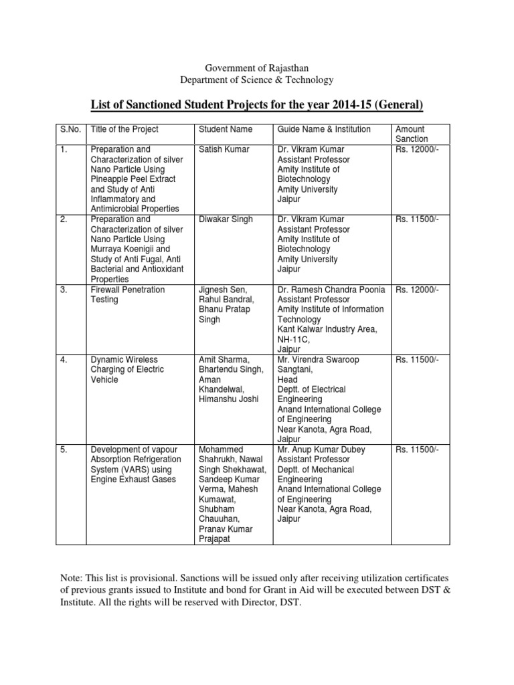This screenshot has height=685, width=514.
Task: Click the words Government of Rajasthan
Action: pyautogui.click(x=257, y=68)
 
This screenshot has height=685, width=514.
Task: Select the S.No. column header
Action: pyautogui.click(x=70, y=129)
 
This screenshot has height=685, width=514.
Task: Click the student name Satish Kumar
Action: pyautogui.click(x=224, y=149)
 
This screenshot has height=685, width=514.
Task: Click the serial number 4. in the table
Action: pyautogui.click(x=65, y=360)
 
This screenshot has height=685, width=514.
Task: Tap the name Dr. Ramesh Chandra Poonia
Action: pyautogui.click(x=331, y=290)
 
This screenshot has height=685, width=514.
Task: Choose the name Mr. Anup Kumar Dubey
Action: pyautogui.click(x=322, y=450)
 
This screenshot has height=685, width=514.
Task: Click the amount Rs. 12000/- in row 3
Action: pyautogui.click(x=417, y=290)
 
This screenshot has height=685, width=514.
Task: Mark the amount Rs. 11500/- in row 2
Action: pyautogui.click(x=417, y=219)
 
